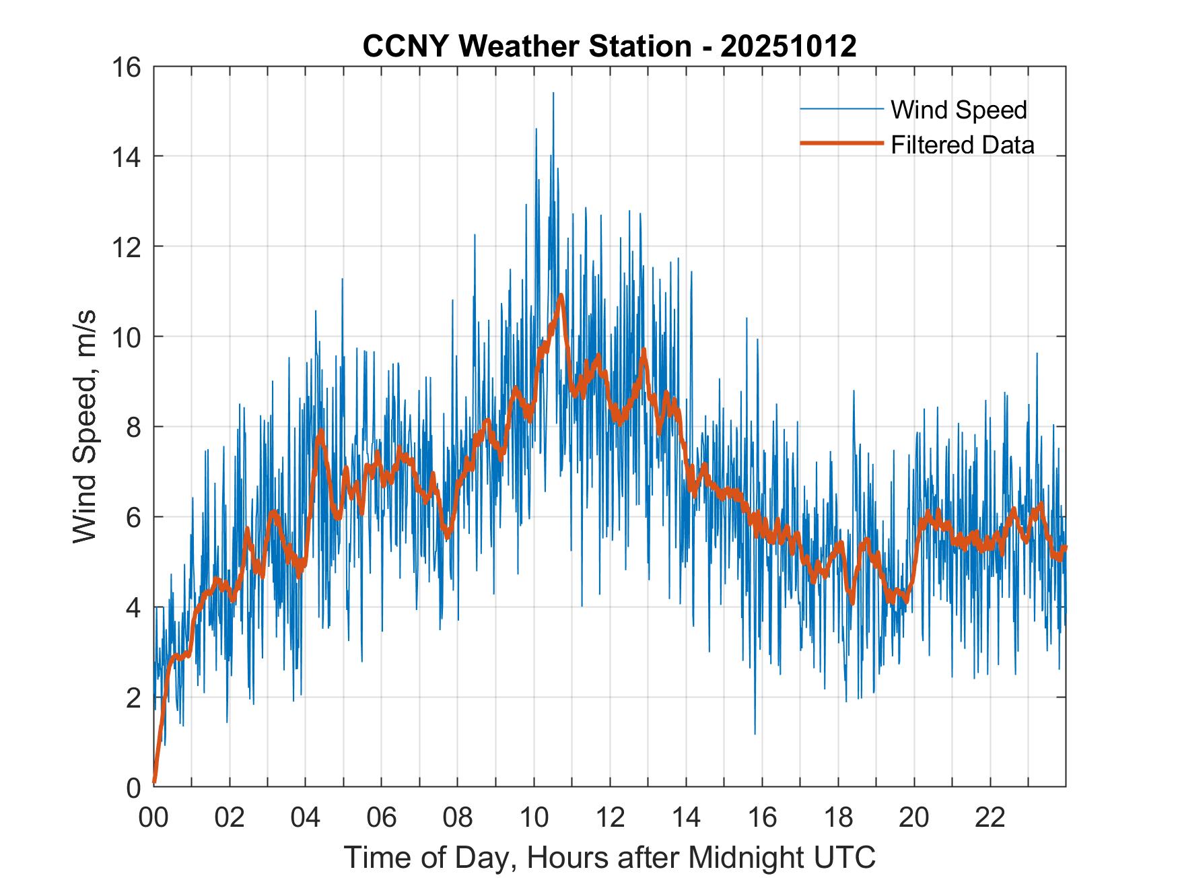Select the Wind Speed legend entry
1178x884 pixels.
pos(959,110)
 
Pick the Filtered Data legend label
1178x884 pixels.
pos(962,145)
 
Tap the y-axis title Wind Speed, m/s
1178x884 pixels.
pos(85,426)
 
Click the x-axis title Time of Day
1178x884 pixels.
pos(609,857)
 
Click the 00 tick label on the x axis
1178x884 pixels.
pos(153,817)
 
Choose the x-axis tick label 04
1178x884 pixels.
pos(306,817)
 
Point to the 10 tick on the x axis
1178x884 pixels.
pos(534,817)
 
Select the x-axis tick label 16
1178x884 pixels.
pos(762,817)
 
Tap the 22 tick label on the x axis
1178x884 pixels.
pos(990,817)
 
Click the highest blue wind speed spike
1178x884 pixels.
pos(553,94)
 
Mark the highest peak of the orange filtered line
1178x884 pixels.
pos(560,295)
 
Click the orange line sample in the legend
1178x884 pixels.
pos(841,143)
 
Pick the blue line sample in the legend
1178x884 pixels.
pos(841,109)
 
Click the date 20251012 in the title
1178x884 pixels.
pos(788,46)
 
